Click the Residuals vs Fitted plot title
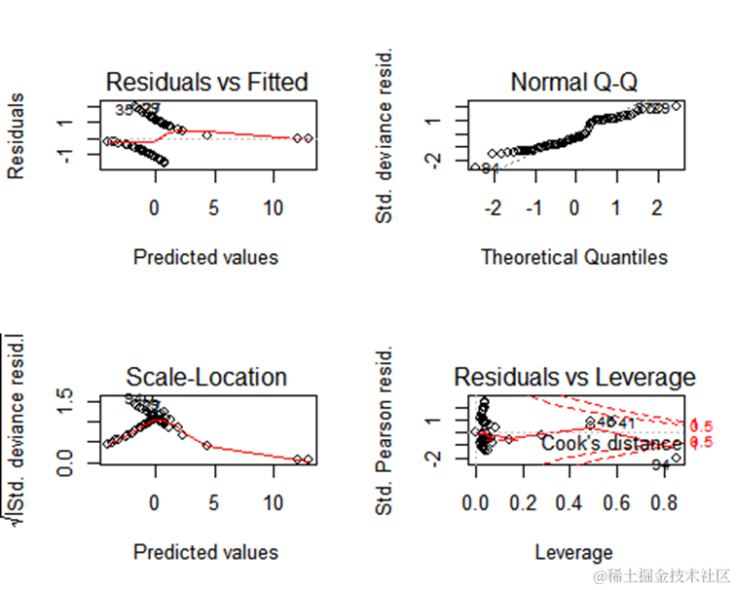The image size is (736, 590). [x=206, y=82]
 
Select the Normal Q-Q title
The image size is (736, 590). [x=573, y=82]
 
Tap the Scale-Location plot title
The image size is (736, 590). [x=206, y=377]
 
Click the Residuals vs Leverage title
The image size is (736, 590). [x=574, y=377]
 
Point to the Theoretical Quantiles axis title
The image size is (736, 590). [x=574, y=257]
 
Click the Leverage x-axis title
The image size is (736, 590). [x=573, y=553]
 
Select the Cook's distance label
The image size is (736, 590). [x=598, y=443]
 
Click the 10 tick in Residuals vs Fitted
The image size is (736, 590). [x=275, y=207]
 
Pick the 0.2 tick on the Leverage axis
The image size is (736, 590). [x=524, y=503]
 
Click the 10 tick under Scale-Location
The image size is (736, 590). [x=275, y=503]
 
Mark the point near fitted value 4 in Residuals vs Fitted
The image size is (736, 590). [x=206, y=135]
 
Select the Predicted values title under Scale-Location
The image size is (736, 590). [x=205, y=553]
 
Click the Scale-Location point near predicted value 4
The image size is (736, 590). [x=206, y=445]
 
